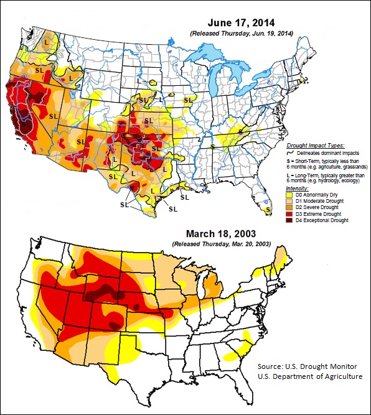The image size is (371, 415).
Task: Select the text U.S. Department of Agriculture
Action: click(x=310, y=376)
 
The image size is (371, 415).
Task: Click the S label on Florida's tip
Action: click(x=267, y=210)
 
